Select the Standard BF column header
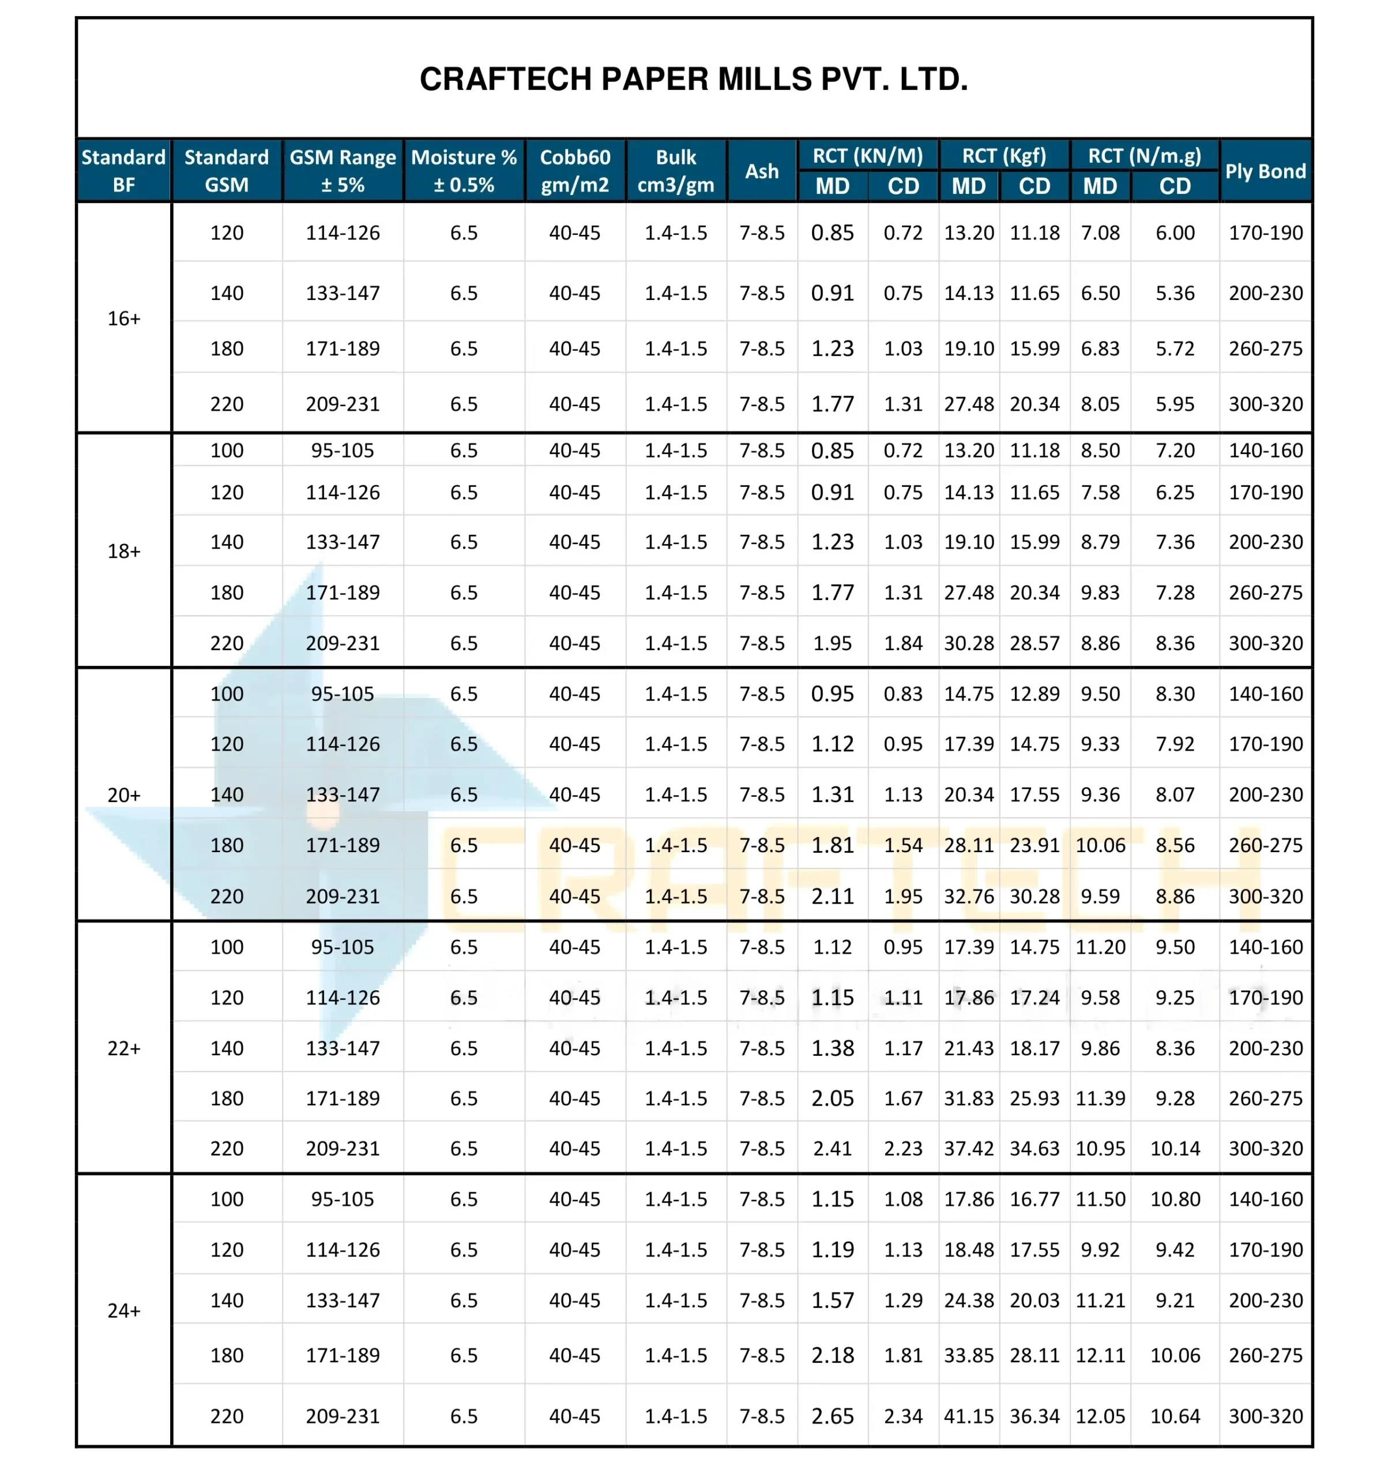pos(123,170)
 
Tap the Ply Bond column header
pos(1265,171)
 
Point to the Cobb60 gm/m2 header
pos(575,170)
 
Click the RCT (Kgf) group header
pos(1003,155)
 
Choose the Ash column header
pos(761,171)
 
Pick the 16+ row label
pos(123,318)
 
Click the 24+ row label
pos(123,1310)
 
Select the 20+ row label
pos(123,794)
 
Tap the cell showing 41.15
pos(968,1415)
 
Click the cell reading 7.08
pos(1100,233)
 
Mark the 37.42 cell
pos(968,1148)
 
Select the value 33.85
pos(968,1355)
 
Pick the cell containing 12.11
pos(1100,1355)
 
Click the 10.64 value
pos(1175,1415)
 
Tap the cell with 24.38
pos(968,1299)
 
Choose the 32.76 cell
pos(968,896)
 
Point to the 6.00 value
pos(1175,233)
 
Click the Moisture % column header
pos(464,170)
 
